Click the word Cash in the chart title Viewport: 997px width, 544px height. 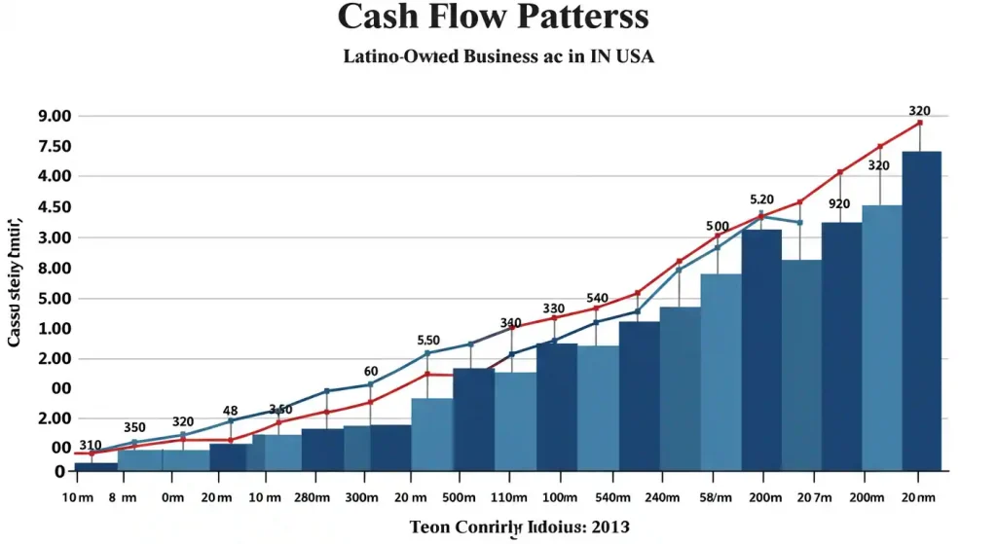pyautogui.click(x=382, y=17)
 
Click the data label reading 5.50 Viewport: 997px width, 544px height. pyautogui.click(x=429, y=341)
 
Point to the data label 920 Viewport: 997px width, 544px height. pyautogui.click(x=839, y=204)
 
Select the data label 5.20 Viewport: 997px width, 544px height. pyautogui.click(x=761, y=199)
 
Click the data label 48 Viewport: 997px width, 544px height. pyautogui.click(x=231, y=411)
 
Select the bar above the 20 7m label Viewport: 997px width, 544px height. pyautogui.click(x=801, y=365)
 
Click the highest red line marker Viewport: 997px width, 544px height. pyautogui.click(x=919, y=123)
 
